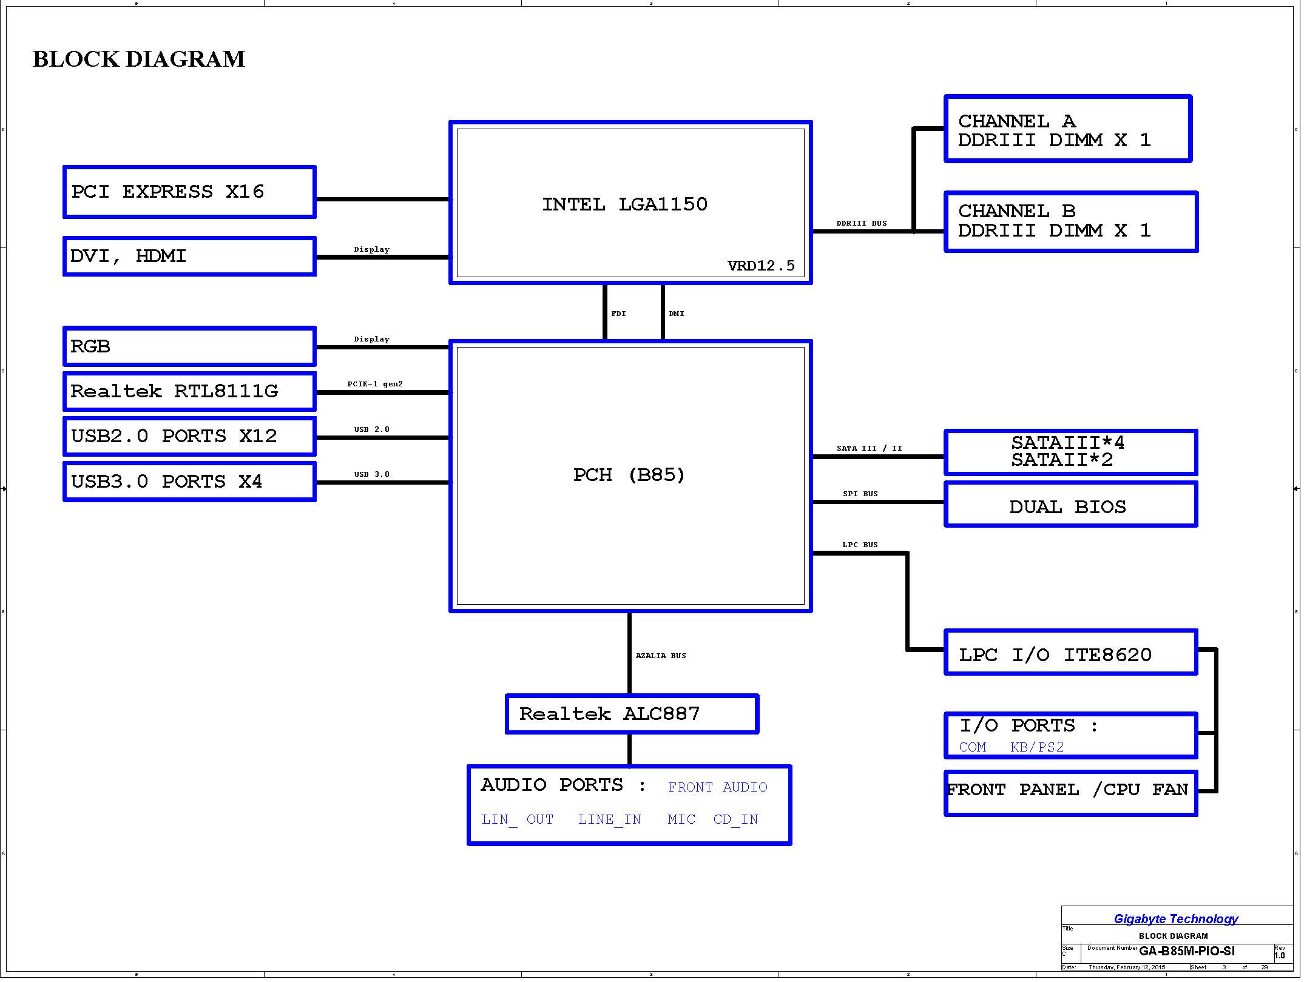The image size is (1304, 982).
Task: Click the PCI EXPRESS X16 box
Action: pyautogui.click(x=189, y=192)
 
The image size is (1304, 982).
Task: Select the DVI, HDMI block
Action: pyautogui.click(x=189, y=256)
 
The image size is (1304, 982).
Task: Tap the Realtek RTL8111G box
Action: pyautogui.click(x=189, y=391)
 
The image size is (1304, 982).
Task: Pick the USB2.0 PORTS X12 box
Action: pyautogui.click(x=189, y=436)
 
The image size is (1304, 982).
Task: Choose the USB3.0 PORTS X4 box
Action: pyautogui.click(x=189, y=482)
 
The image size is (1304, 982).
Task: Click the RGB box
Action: pyautogui.click(x=189, y=346)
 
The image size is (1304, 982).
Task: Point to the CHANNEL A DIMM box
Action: pyautogui.click(x=1068, y=129)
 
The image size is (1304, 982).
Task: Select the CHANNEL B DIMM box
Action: pyautogui.click(x=1071, y=221)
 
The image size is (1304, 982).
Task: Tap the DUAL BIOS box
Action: pyautogui.click(x=1071, y=504)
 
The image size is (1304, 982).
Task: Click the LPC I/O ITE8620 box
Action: pyautogui.click(x=1071, y=652)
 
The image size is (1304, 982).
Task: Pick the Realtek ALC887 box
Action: pyautogui.click(x=632, y=714)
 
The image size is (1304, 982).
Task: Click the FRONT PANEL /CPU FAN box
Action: pyautogui.click(x=1071, y=793)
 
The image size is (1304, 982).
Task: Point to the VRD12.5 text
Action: pyautogui.click(x=761, y=266)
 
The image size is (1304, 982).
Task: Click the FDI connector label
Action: pyautogui.click(x=618, y=314)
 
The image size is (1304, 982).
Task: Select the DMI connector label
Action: pyautogui.click(x=677, y=314)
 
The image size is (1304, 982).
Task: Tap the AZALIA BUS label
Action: pyautogui.click(x=661, y=656)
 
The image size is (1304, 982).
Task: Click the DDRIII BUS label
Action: pyautogui.click(x=862, y=223)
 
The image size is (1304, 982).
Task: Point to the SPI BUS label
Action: pyautogui.click(x=860, y=494)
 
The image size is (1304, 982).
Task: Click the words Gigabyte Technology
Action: pyautogui.click(x=1176, y=919)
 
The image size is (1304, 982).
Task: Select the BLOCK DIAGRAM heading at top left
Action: pyautogui.click(x=139, y=59)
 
